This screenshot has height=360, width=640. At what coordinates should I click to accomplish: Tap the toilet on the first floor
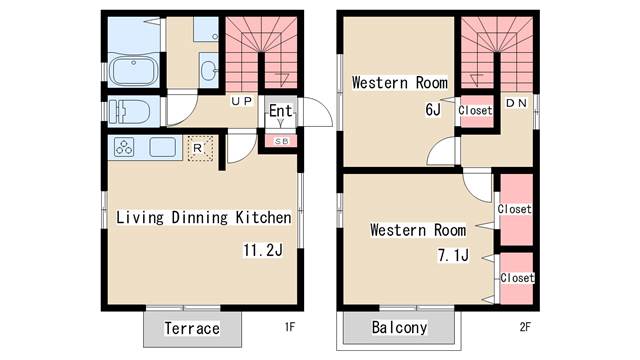pos(130,111)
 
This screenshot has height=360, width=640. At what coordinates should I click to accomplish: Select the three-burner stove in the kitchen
pos(124,147)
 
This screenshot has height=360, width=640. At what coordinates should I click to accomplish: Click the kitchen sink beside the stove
pos(162,147)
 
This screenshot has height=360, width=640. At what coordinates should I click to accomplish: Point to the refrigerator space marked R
pos(200,148)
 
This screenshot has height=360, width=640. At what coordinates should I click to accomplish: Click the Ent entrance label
pos(280,111)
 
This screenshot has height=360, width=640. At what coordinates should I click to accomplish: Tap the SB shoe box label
pos(281,141)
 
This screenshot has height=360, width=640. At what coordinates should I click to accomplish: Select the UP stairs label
pos(241,101)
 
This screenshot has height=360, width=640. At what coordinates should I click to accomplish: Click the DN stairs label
pos(516,103)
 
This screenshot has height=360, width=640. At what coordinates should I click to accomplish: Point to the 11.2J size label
pos(263,250)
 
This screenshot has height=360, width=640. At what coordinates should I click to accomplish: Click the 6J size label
pos(433,109)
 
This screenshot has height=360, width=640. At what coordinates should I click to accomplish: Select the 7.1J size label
pos(453,256)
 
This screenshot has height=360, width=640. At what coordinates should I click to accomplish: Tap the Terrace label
pos(192,328)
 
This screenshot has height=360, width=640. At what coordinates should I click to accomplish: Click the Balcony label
pos(399,327)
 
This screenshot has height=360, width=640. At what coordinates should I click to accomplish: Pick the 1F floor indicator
pos(289,327)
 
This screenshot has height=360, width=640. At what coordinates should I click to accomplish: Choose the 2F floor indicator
pos(525,327)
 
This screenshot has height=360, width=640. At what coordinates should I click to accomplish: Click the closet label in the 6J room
pos(475,110)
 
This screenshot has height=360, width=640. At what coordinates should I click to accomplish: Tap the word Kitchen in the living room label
pos(264,217)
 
